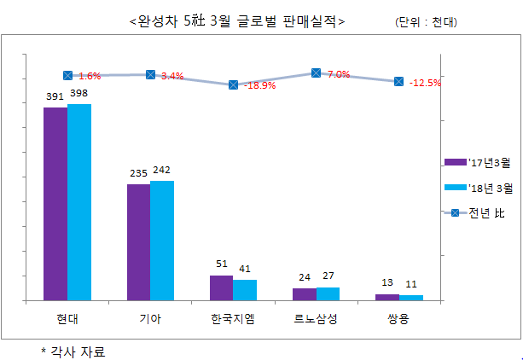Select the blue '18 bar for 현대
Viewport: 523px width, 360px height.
(x=79, y=201)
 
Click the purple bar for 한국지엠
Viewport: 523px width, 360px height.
(x=221, y=287)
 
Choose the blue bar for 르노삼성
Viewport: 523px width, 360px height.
(x=328, y=293)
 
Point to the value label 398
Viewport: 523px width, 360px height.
(x=79, y=93)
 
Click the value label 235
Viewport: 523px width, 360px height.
(x=138, y=173)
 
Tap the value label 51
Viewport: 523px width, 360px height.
(x=221, y=264)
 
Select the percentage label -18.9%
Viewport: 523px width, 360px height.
(x=259, y=85)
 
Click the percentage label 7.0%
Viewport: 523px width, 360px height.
(x=338, y=74)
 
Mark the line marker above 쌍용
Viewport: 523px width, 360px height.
(x=398, y=82)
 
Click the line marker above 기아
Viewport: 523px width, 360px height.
(x=150, y=76)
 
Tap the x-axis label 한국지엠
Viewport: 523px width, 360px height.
(x=233, y=320)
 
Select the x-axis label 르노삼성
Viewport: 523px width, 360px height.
(x=316, y=320)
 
